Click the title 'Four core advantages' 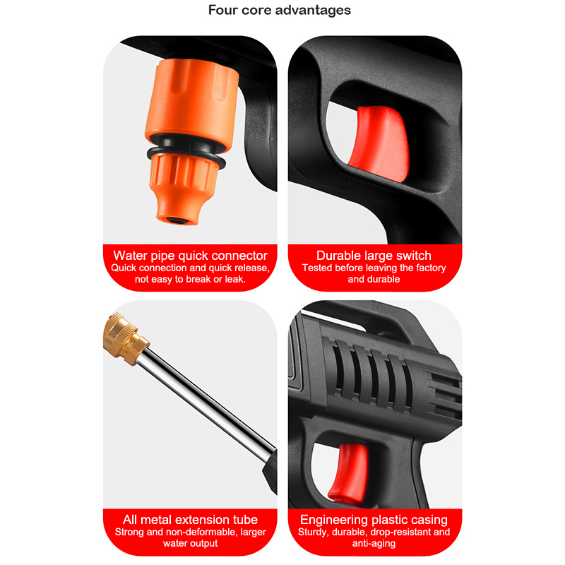[x=279, y=10]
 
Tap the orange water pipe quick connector [x=189, y=141]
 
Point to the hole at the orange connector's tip [x=176, y=220]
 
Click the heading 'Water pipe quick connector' [x=190, y=256]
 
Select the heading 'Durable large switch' [x=374, y=256]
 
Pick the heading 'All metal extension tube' [x=190, y=520]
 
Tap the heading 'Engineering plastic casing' [x=374, y=520]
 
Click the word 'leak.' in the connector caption [x=235, y=279]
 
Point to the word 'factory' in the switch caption [x=431, y=268]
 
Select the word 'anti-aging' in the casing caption [x=374, y=543]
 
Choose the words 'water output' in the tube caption [x=190, y=543]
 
